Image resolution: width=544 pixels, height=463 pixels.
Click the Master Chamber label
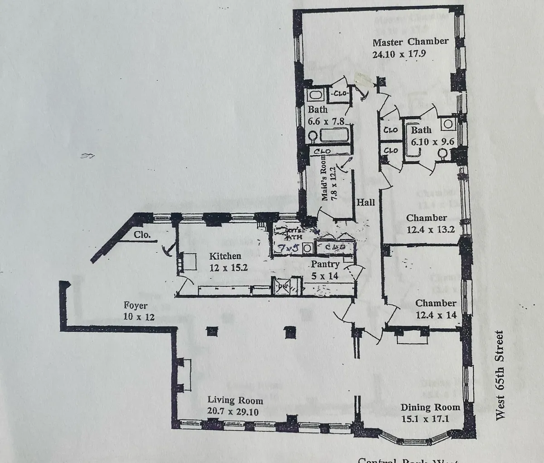click(410, 42)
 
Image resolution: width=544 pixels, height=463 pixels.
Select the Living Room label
click(235, 400)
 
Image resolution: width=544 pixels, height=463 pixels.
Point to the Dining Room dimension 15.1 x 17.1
click(425, 419)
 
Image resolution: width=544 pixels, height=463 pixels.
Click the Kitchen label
click(225, 256)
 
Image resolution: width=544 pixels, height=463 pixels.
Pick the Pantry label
click(325, 264)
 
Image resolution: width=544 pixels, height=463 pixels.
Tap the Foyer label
click(136, 306)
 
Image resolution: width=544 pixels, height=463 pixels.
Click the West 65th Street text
click(500, 375)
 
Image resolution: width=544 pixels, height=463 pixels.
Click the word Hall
click(366, 202)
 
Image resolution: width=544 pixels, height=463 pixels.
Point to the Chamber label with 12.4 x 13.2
click(426, 218)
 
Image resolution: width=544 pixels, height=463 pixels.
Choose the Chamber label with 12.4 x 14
click(436, 303)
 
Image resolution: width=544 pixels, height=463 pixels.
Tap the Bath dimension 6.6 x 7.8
click(327, 121)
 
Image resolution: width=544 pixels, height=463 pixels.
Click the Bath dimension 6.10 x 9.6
click(432, 141)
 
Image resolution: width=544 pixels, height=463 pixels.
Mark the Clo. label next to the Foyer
click(143, 235)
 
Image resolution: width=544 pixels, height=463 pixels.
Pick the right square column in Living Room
click(291, 333)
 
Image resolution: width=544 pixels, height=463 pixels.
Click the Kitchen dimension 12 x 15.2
click(228, 267)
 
